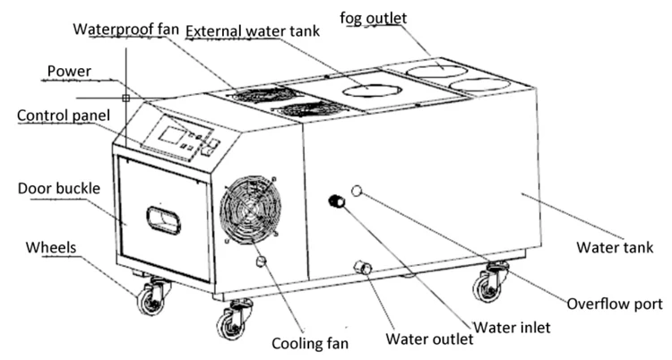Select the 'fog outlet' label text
[374, 17]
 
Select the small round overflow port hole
[358, 191]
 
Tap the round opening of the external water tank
[371, 90]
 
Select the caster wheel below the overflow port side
[489, 284]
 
